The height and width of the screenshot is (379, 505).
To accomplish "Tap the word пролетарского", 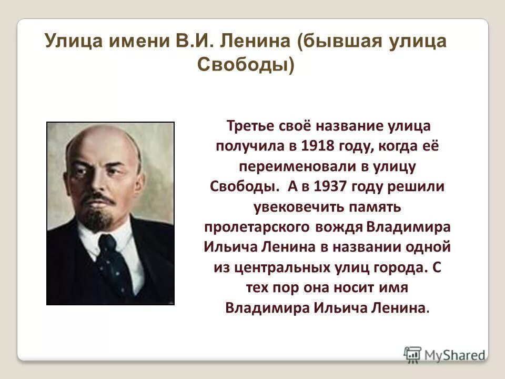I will tap(259, 227).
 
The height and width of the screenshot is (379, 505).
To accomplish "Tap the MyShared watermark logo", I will tap(445, 354).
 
